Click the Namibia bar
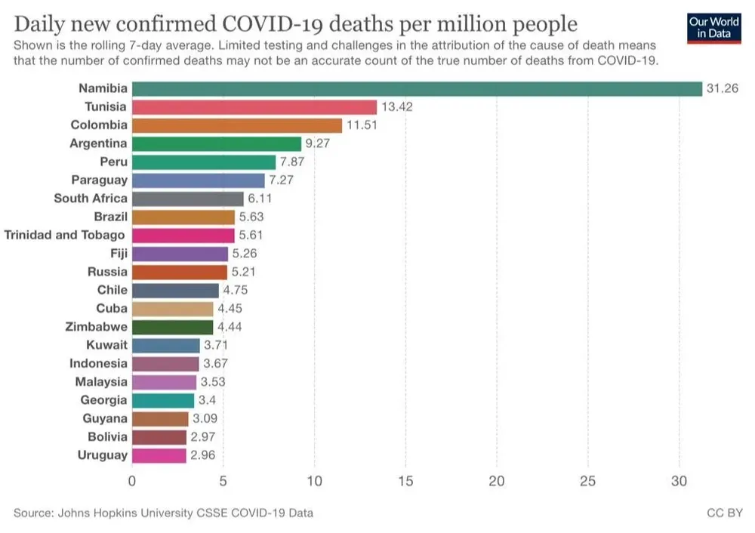(417, 89)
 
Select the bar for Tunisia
(254, 107)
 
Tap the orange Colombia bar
(237, 125)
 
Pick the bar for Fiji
(180, 254)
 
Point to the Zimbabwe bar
(173, 327)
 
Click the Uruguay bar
(159, 455)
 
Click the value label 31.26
(720, 89)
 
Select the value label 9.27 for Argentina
(318, 143)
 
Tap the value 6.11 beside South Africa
(260, 199)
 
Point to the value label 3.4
(207, 400)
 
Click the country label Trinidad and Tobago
(65, 235)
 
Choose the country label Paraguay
(100, 180)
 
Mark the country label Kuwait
(107, 345)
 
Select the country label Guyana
(105, 418)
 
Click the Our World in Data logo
(713, 27)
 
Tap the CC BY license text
(724, 513)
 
